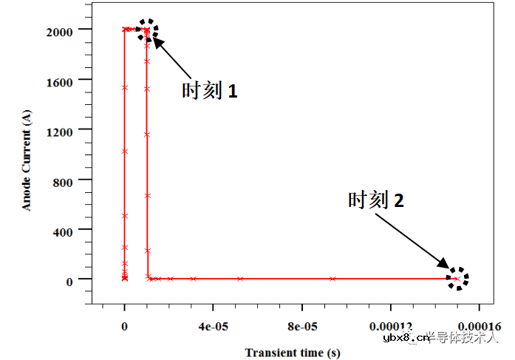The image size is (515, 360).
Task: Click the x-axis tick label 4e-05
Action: click(x=213, y=326)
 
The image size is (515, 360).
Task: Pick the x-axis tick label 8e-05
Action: click(x=301, y=326)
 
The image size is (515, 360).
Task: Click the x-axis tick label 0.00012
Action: click(x=391, y=326)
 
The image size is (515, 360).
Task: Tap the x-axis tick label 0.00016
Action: click(x=480, y=326)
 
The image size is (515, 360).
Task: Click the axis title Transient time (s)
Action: click(x=293, y=353)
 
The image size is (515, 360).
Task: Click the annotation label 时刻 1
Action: click(x=210, y=91)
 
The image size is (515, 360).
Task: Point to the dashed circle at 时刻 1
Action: click(x=147, y=30)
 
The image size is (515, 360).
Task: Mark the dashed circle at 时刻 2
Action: click(x=457, y=279)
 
